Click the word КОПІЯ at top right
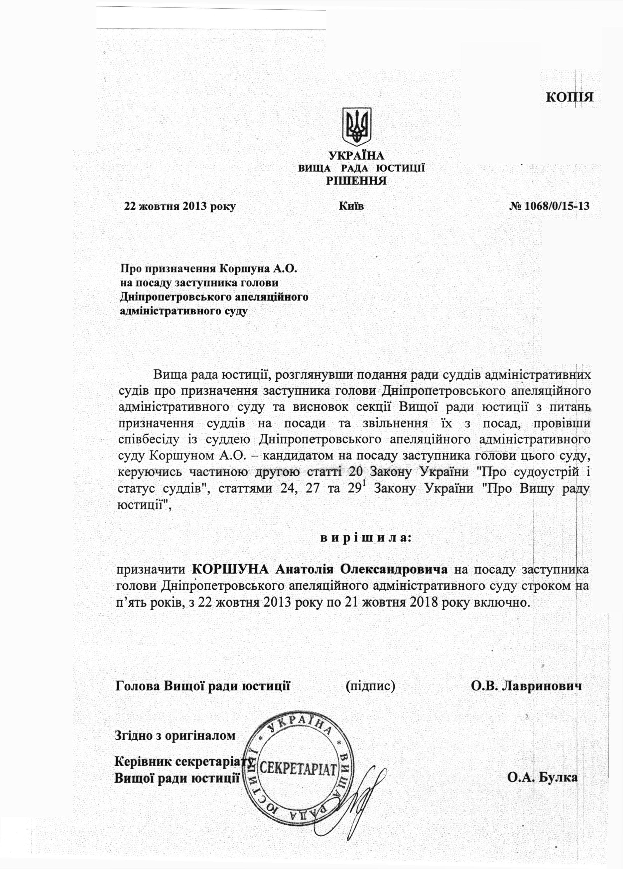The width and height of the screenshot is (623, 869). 569,97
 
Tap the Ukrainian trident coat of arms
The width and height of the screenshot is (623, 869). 357,126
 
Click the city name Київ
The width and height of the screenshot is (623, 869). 351,206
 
